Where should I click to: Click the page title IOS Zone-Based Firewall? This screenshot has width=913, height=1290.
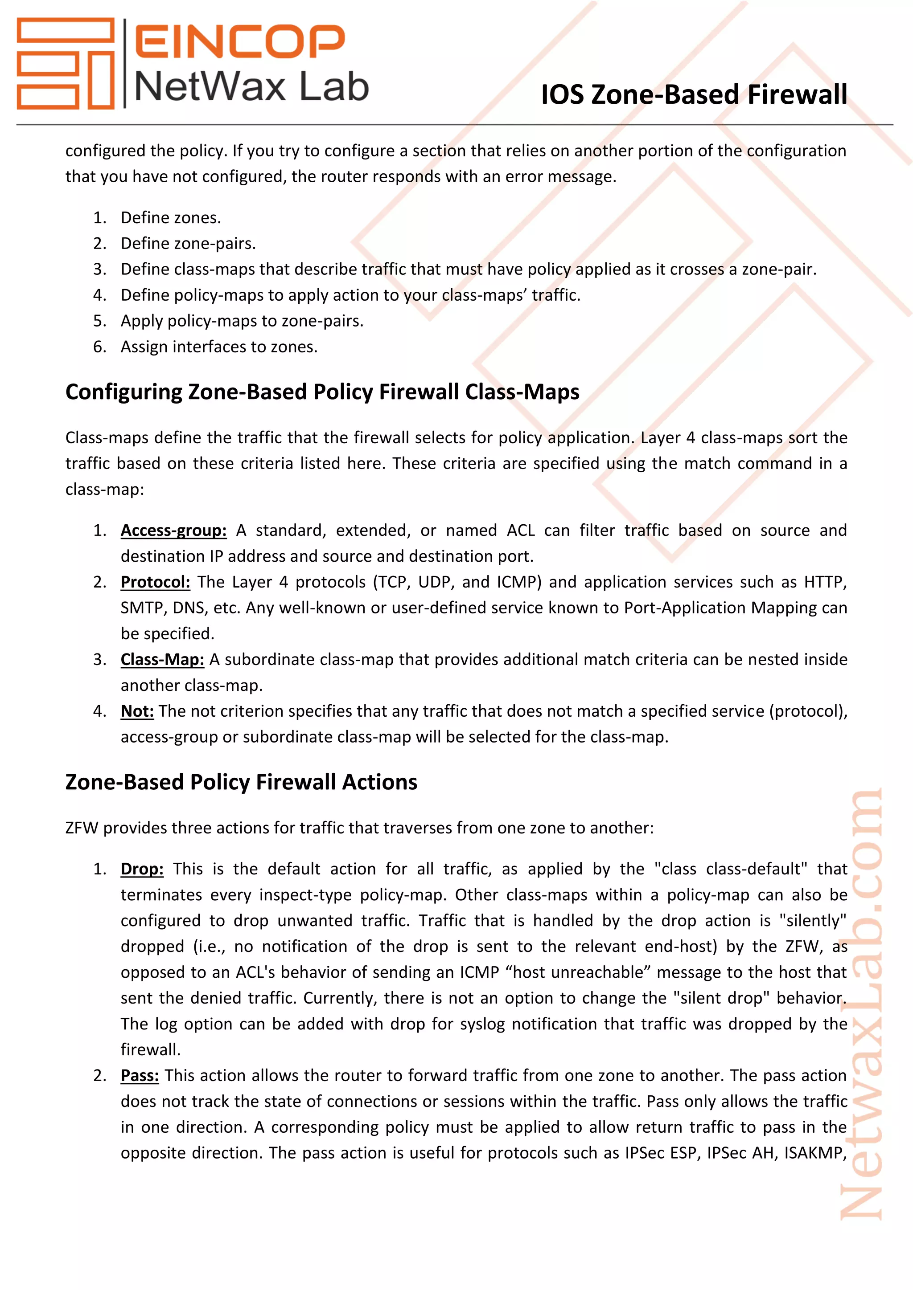[x=693, y=94]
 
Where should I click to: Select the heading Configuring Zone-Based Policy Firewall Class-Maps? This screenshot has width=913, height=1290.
[x=322, y=392]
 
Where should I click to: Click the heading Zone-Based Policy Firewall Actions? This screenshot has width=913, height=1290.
[x=241, y=782]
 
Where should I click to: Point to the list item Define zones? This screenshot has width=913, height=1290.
[x=170, y=217]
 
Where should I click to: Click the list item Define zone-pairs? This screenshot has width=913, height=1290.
[x=188, y=243]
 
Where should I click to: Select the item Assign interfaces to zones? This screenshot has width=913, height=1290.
[x=219, y=347]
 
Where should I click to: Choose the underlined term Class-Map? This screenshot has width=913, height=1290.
[x=162, y=659]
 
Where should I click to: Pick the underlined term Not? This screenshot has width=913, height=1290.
[x=136, y=711]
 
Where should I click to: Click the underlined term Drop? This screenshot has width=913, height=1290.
[x=142, y=869]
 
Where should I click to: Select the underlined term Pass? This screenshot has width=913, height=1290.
[x=140, y=1075]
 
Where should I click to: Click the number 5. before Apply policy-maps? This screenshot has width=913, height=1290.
[x=99, y=321]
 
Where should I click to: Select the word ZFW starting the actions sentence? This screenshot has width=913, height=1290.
[x=82, y=828]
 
